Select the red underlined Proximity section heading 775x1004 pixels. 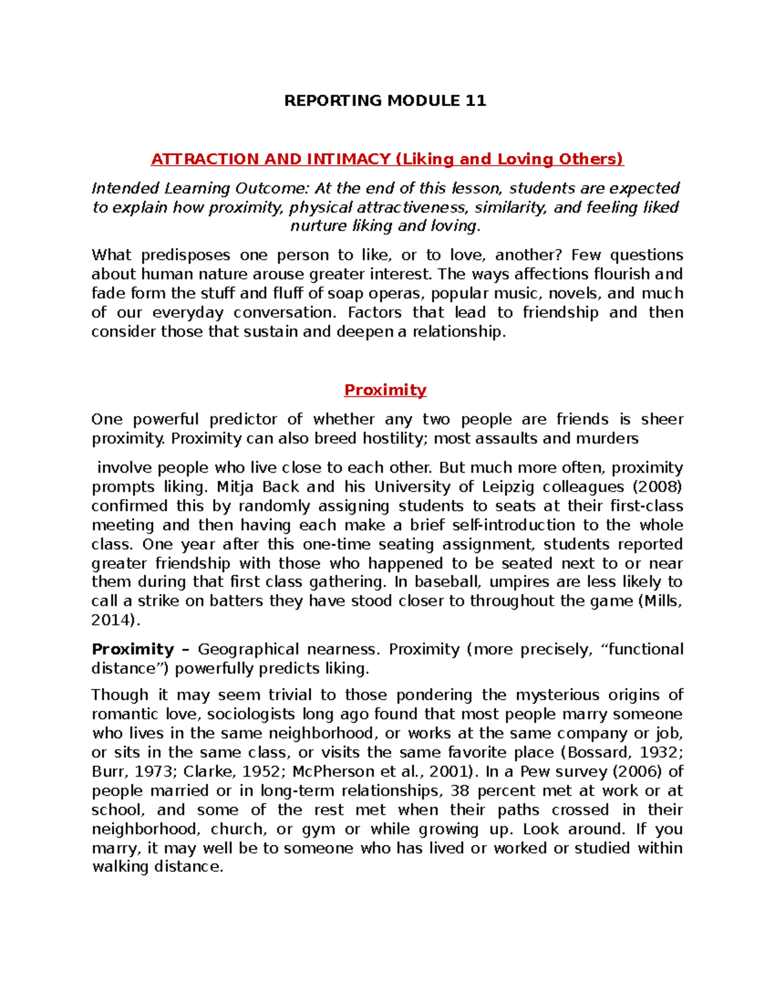(385, 390)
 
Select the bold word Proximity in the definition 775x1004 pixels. (132, 650)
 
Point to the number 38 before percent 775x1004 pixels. (460, 791)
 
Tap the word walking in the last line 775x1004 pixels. (119, 868)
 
